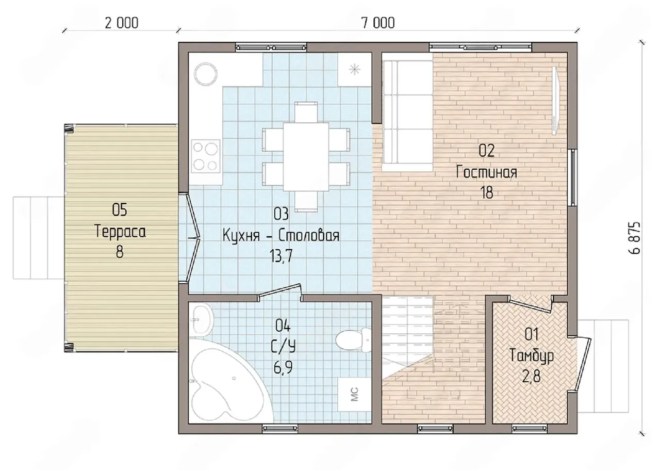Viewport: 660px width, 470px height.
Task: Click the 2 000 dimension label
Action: [121, 23]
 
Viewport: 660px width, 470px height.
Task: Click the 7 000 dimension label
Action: [378, 23]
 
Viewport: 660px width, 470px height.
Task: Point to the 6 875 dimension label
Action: [634, 238]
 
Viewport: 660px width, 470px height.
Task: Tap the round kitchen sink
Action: [205, 74]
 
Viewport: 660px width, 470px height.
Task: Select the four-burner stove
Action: [206, 156]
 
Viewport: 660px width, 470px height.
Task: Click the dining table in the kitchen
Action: [306, 157]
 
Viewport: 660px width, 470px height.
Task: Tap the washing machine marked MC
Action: [354, 394]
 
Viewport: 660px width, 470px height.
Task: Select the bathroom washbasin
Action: [201, 320]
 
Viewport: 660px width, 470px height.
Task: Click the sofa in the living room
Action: [407, 116]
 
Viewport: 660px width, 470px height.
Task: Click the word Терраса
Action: [120, 232]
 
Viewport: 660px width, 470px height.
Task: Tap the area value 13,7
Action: [281, 256]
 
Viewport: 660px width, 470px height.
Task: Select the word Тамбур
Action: [531, 356]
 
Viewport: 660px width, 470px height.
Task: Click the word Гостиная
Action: [486, 172]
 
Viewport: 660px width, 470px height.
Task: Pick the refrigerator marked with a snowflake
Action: [354, 70]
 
